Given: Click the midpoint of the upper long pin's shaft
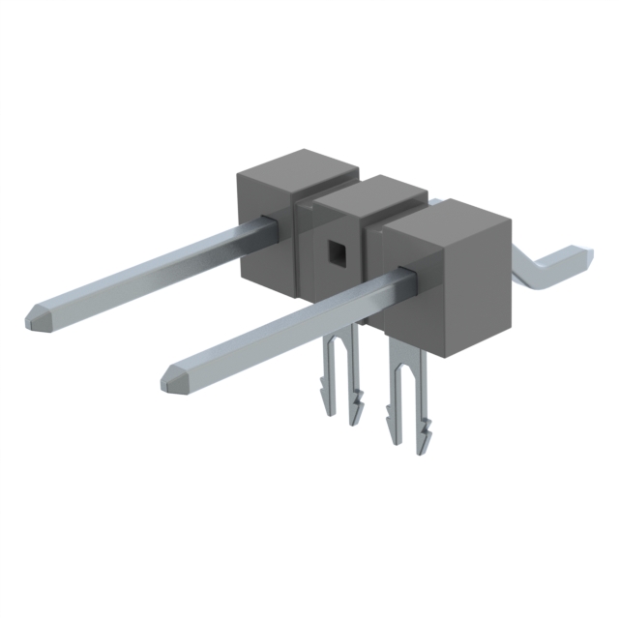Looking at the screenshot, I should (155, 271).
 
